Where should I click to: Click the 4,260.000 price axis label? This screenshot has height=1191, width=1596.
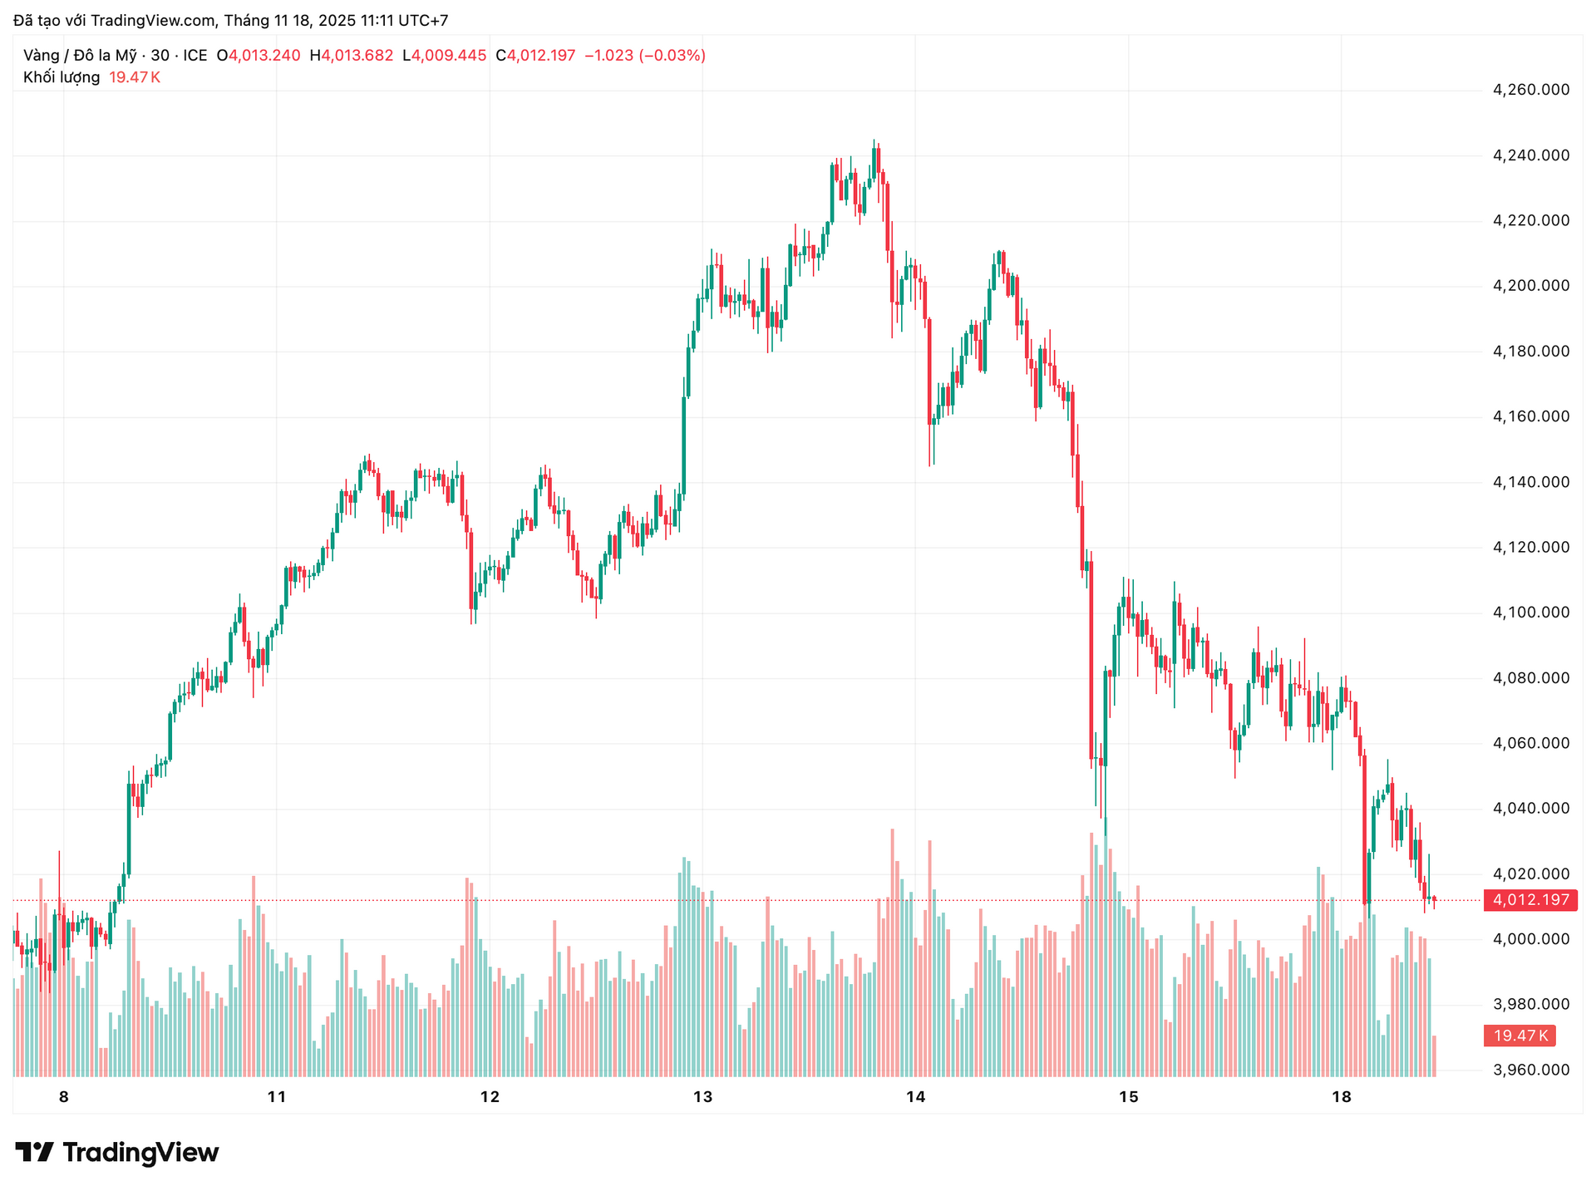[1531, 90]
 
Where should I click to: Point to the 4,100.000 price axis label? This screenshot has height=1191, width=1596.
[1531, 613]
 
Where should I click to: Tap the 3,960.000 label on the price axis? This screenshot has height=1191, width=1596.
[1531, 1070]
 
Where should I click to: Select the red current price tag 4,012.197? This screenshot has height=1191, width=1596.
[1530, 900]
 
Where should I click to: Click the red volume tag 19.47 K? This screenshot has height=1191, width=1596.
[1520, 1036]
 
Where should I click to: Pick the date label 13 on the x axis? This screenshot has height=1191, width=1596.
[702, 1097]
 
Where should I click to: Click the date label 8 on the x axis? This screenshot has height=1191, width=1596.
[64, 1097]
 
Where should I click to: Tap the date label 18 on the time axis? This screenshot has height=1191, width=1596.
[1341, 1097]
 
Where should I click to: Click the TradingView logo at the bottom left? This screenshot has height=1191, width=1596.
[117, 1152]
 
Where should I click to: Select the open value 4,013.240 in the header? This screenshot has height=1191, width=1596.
[264, 56]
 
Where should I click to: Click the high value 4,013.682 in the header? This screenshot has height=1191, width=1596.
[357, 56]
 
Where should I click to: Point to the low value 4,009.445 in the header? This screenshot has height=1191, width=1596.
[450, 56]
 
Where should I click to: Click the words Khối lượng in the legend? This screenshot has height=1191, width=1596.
[62, 77]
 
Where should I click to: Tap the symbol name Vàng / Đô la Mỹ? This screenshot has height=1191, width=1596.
[80, 56]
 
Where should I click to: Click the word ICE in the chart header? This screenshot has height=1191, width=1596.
[195, 56]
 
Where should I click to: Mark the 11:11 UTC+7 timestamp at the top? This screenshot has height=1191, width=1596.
[404, 20]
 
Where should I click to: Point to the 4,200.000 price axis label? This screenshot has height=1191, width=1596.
[1531, 286]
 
